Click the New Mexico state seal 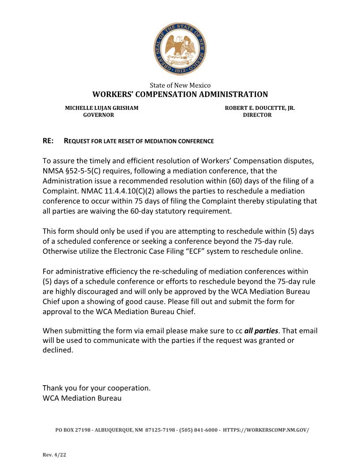(x=180, y=49)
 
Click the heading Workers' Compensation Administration (x=180, y=94)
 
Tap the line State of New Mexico (x=180, y=85)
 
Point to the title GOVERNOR (x=99, y=115)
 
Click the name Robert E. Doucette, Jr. (x=260, y=108)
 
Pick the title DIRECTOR (x=257, y=115)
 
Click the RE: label (x=48, y=141)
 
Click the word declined (x=57, y=350)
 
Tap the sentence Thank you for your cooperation (x=97, y=388)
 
